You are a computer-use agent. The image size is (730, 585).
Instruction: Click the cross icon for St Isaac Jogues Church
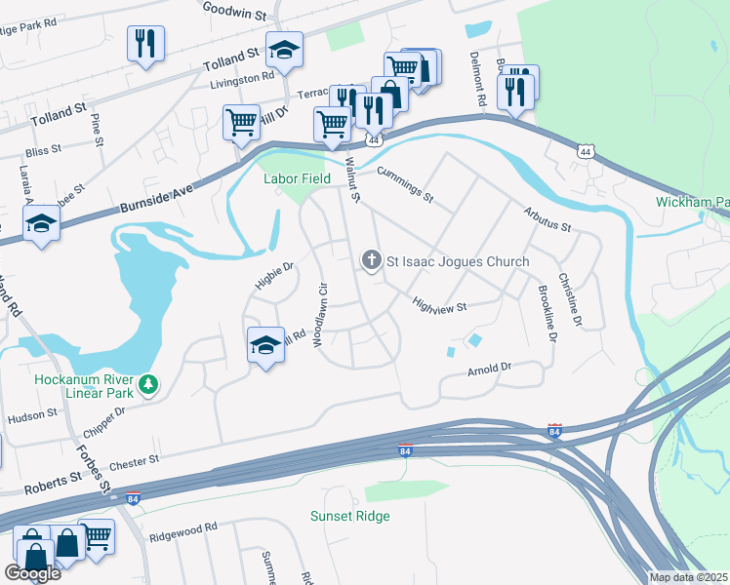(371, 260)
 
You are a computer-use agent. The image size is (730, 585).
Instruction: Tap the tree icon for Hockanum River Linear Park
(148, 384)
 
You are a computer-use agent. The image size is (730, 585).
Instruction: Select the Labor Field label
(292, 178)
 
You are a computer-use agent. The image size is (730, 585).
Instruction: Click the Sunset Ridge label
(349, 516)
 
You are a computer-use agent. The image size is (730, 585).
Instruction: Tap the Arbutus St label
(546, 218)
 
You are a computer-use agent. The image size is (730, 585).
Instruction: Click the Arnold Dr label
(489, 370)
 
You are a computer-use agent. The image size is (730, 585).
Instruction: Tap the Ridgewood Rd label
(182, 530)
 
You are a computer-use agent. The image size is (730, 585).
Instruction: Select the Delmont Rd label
(477, 79)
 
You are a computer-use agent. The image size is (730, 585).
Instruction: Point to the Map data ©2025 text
(688, 577)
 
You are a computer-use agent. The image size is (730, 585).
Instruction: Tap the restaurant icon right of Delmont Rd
(515, 90)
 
